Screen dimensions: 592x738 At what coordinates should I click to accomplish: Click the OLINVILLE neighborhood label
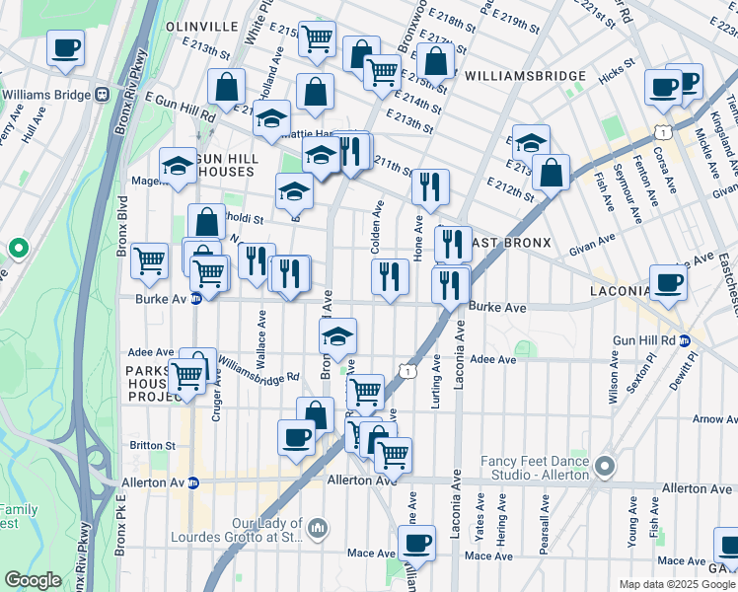[x=202, y=25]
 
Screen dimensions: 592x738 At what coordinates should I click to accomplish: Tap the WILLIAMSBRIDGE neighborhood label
[x=525, y=76]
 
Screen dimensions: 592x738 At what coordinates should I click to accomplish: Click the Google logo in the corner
[x=34, y=580]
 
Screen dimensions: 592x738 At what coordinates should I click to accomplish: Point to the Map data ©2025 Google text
[x=676, y=585]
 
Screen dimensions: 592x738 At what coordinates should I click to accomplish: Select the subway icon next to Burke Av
[x=195, y=299]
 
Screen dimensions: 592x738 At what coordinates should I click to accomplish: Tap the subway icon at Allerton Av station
[x=193, y=483]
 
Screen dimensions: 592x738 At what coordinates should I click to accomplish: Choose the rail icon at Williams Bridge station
[x=102, y=95]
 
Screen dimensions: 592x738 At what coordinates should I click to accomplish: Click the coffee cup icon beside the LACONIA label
[x=668, y=282]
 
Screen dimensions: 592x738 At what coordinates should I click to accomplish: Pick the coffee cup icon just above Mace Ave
[x=416, y=542]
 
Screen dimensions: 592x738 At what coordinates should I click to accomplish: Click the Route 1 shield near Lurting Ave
[x=406, y=369]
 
